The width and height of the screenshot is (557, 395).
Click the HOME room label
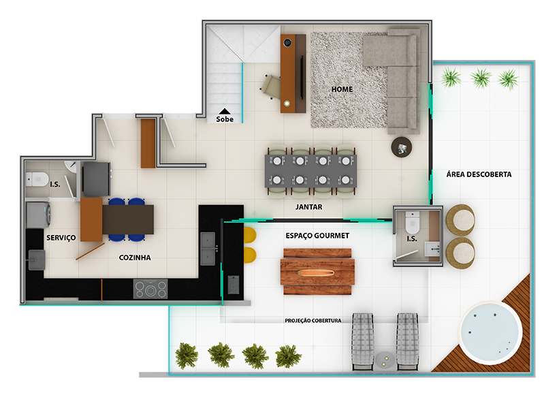[342, 89]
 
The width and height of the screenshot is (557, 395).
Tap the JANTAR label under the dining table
[308, 207]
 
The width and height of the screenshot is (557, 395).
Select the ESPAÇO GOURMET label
[317, 236]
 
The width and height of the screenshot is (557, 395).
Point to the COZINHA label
[135, 257]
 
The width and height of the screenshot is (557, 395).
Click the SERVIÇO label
[61, 238]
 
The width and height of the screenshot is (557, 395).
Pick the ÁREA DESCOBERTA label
[479, 174]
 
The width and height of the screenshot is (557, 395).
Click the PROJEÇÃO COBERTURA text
[313, 320]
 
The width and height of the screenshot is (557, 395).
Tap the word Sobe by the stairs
[225, 119]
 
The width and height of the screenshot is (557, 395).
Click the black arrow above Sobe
[225, 111]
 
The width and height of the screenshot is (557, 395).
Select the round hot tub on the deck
[490, 333]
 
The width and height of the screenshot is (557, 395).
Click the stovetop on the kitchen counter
[150, 289]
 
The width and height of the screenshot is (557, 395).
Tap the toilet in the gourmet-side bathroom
[413, 223]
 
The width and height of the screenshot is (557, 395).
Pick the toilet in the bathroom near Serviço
[37, 179]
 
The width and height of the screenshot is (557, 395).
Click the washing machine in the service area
[38, 215]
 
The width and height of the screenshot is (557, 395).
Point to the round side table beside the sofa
[402, 146]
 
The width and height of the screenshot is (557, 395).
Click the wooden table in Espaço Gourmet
[317, 272]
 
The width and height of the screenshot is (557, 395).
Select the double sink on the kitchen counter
[208, 249]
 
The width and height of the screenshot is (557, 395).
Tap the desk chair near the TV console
[271, 86]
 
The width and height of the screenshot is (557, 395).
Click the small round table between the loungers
[385, 360]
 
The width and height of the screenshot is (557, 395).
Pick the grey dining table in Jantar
[311, 171]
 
